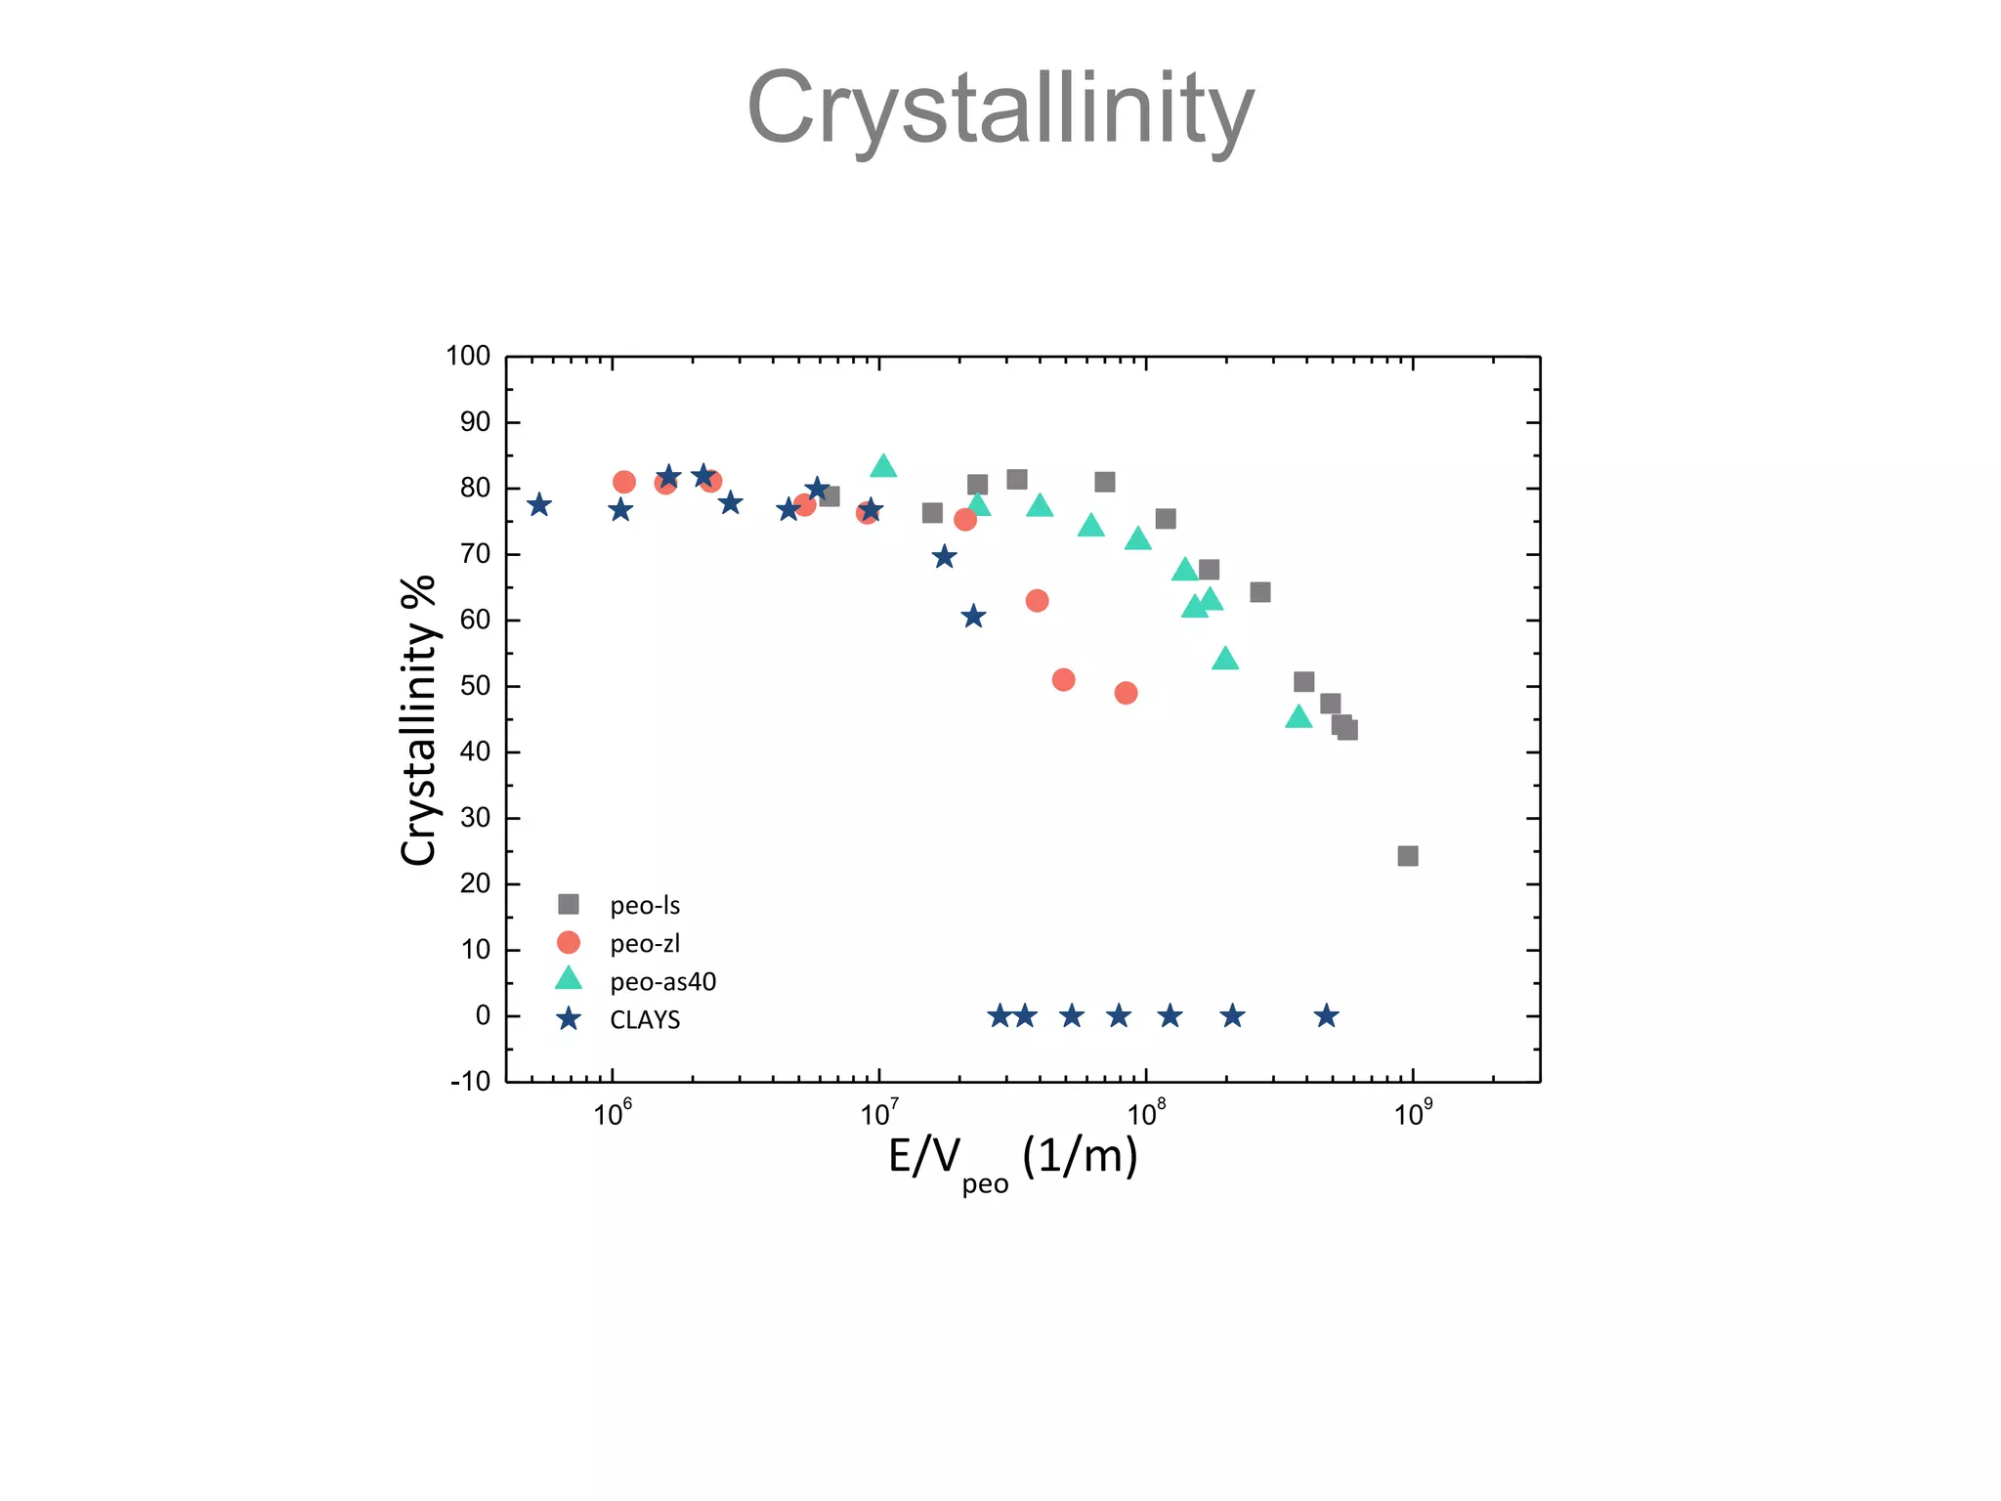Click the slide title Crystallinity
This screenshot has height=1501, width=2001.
tap(1000, 107)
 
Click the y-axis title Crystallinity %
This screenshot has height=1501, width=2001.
tap(418, 720)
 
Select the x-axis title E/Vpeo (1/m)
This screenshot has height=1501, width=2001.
tap(1012, 1159)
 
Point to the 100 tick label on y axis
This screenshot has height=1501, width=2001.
tap(468, 357)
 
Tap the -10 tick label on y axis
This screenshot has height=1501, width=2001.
tap(470, 1082)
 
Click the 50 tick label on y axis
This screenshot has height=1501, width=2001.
tap(475, 686)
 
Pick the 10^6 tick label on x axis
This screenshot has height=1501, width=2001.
tap(613, 1114)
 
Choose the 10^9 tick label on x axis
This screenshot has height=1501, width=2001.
tap(1413, 1114)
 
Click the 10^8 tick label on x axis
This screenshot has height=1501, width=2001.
tap(1146, 1114)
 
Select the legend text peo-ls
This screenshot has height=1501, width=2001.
tap(645, 906)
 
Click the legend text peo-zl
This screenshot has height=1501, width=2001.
tap(645, 944)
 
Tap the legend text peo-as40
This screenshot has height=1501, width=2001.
tap(662, 982)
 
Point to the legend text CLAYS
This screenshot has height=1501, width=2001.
tap(645, 1020)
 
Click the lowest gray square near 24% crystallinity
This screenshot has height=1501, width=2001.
tap(1408, 856)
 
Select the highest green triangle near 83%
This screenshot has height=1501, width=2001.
tap(883, 467)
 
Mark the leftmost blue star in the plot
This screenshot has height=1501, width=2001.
tap(539, 505)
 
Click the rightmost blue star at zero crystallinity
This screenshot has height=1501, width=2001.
tap(1326, 1016)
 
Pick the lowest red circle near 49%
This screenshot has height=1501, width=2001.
tap(1126, 693)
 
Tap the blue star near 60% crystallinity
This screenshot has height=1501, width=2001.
tap(972, 617)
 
